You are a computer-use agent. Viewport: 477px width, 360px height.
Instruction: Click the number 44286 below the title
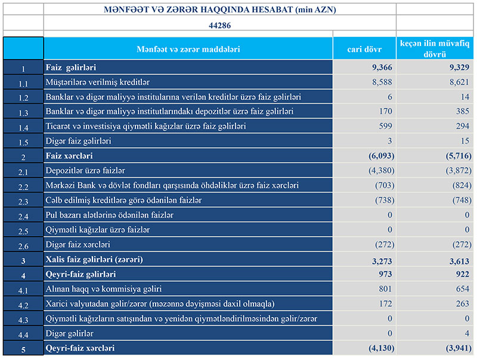220,26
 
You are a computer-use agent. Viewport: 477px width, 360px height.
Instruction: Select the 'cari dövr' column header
364,49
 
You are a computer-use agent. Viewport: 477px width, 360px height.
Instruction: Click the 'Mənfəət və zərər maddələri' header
188,49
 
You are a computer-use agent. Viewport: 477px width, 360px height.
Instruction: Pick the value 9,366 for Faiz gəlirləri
377,67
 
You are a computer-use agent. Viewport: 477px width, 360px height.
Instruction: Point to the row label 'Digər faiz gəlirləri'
78,141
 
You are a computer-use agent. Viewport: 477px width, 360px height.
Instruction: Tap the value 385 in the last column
456,111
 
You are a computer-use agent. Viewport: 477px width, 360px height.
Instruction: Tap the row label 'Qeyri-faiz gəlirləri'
80,274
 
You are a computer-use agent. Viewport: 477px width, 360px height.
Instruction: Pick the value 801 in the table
382,289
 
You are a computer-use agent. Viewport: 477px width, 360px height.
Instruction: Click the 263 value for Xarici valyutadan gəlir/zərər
456,304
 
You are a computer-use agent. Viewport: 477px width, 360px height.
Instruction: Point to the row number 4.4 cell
23,334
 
